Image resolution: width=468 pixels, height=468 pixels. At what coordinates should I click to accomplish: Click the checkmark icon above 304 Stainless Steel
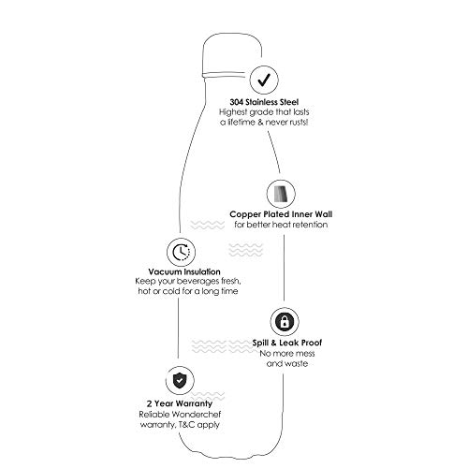264,80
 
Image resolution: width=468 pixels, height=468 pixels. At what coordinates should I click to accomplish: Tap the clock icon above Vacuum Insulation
181,252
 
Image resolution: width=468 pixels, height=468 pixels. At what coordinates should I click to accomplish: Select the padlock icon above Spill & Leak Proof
285,322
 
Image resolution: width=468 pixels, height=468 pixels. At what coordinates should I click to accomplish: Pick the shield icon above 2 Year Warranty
180,381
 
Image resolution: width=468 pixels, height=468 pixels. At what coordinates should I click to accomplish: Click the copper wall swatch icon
281,194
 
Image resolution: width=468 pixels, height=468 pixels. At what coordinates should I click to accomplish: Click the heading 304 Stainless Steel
264,102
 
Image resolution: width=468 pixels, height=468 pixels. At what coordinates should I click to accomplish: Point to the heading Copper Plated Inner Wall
281,214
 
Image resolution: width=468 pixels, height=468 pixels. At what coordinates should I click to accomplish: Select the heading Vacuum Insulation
184,271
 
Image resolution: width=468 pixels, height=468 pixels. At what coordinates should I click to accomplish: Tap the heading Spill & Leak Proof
287,343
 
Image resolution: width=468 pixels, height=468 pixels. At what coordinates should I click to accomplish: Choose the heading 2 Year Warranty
180,403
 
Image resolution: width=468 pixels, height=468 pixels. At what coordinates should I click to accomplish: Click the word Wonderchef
197,415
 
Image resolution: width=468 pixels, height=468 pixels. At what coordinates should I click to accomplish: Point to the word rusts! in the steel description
299,122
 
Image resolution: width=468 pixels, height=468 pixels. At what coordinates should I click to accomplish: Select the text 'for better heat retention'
281,225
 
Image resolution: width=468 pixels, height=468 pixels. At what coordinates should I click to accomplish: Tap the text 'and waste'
287,363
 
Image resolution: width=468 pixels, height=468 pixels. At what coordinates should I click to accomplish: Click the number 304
237,102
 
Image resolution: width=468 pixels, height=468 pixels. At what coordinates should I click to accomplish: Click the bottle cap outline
232,54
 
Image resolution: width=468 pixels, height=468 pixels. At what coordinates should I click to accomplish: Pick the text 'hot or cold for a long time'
188,291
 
